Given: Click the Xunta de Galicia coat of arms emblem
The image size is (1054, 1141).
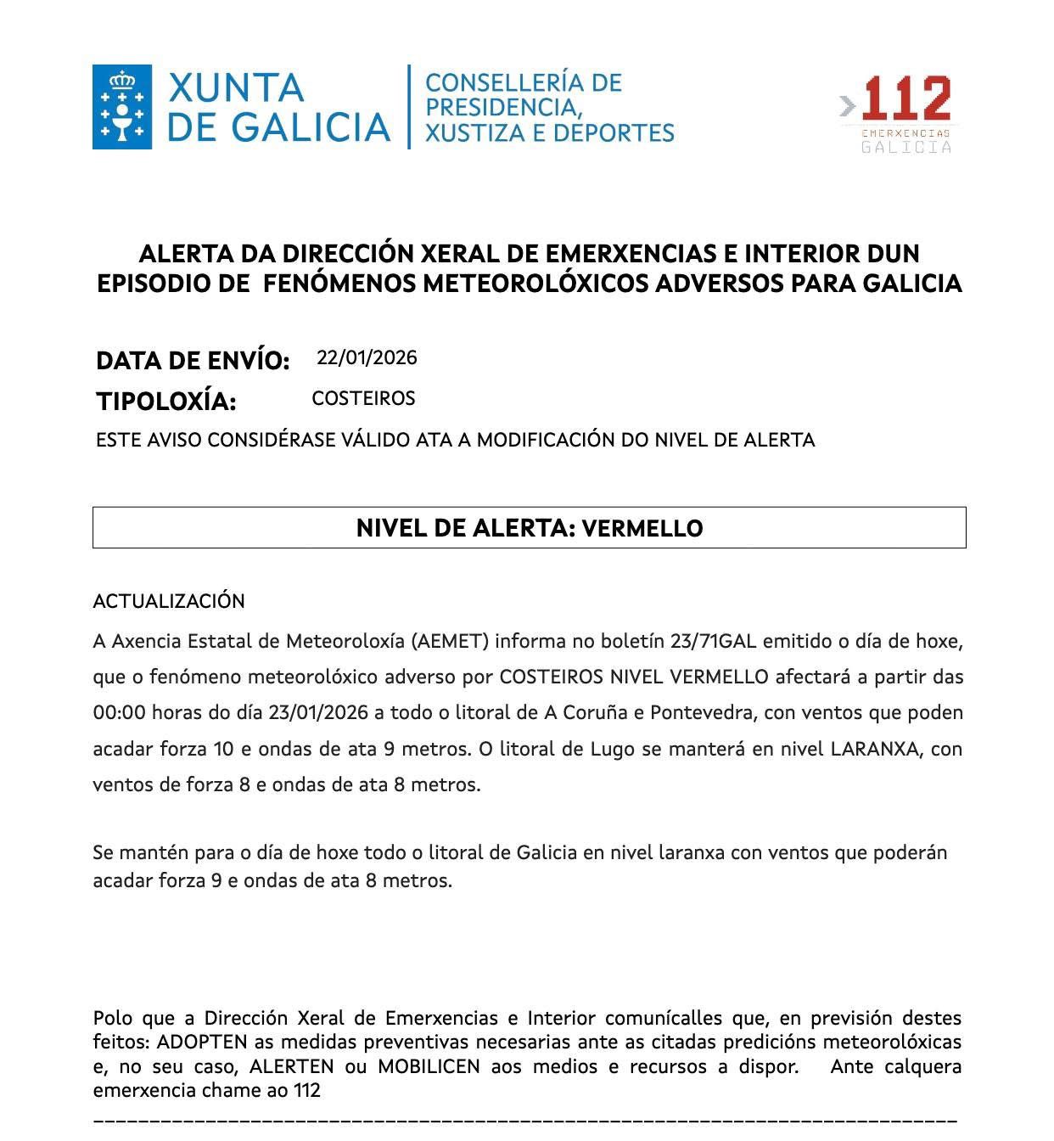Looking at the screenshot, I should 122,107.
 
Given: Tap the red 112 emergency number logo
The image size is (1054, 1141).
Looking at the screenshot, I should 905,99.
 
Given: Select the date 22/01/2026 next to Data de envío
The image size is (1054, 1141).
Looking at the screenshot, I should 367,357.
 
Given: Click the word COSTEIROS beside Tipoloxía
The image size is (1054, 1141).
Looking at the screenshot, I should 363,398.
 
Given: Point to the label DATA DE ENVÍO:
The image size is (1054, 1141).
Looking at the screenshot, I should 193,361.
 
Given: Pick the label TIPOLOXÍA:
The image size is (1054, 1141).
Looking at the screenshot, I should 165,401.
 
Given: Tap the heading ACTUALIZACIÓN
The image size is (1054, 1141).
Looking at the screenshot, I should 169,601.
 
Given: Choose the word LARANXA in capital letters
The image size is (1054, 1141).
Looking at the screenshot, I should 874,749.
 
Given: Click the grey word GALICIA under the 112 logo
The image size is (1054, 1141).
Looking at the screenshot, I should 906,147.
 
